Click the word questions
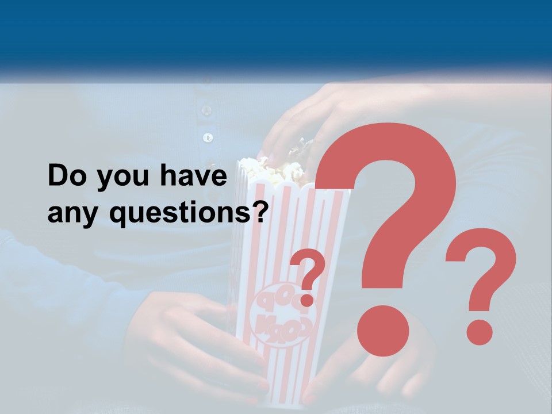point(178,214)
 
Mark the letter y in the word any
point(91,217)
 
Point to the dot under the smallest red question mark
point(307,300)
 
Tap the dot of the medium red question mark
point(479,332)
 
